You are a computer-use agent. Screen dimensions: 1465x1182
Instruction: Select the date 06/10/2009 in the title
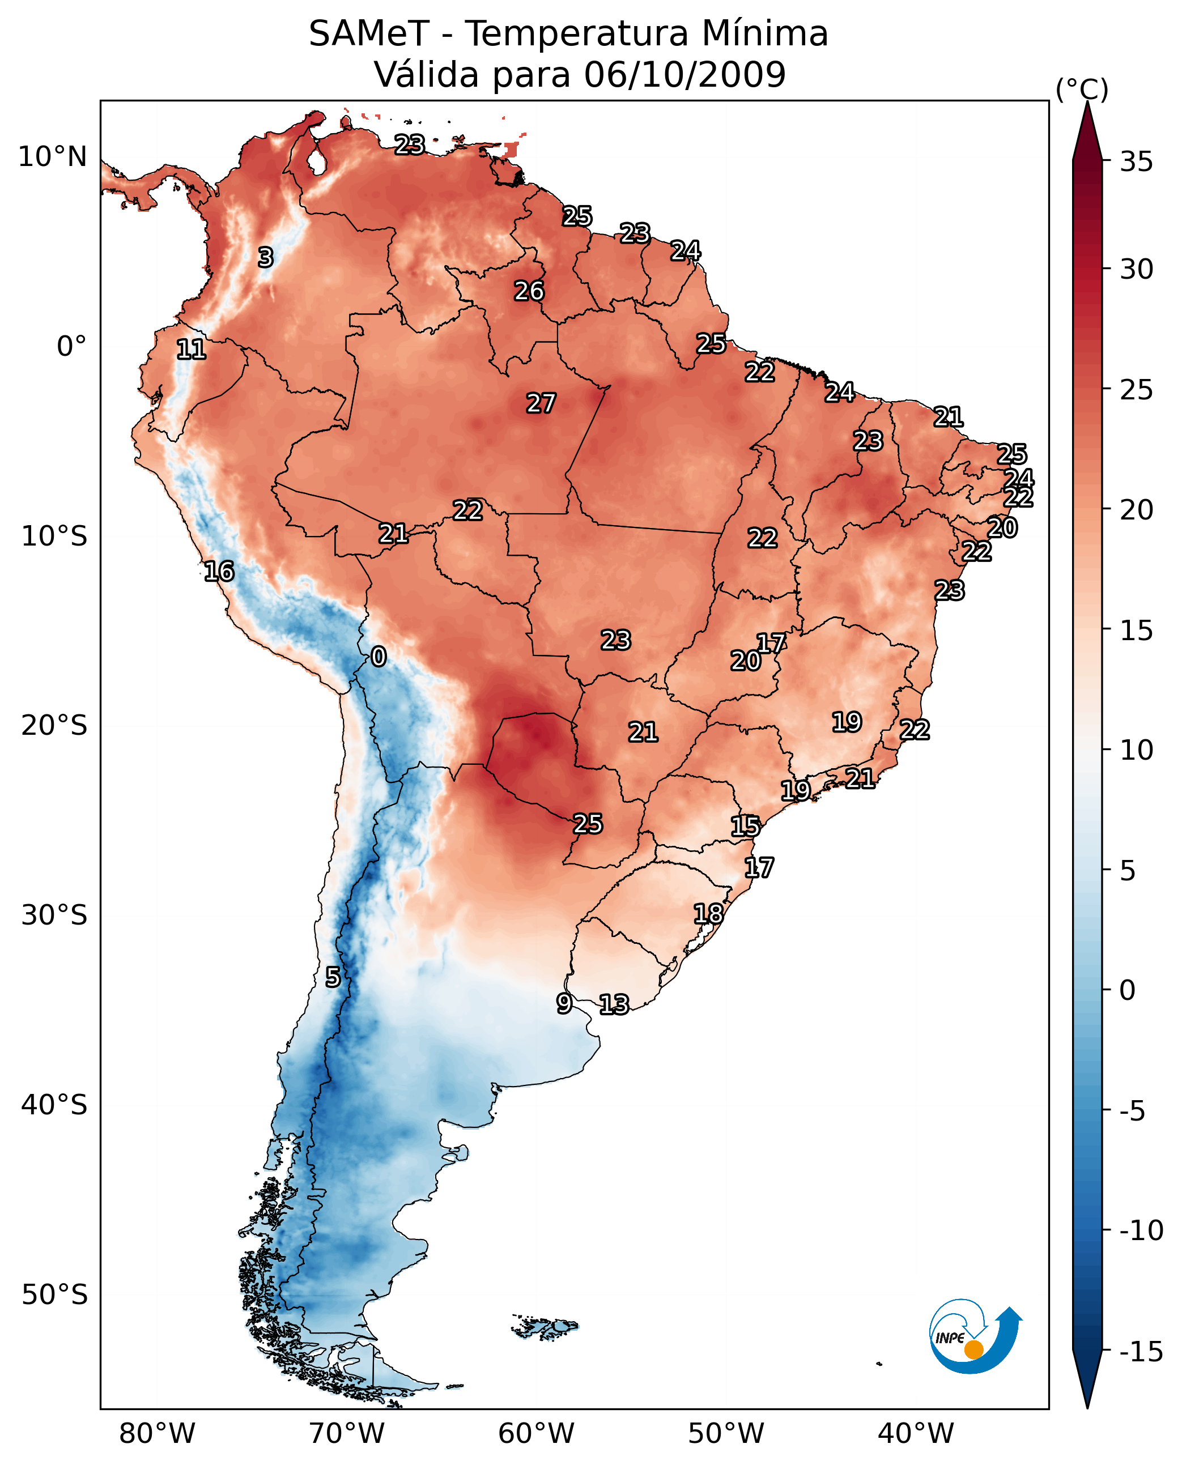[684, 75]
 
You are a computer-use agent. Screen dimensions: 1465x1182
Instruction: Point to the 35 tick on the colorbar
[1136, 162]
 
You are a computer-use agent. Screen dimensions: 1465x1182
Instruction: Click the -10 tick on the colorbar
[1141, 1230]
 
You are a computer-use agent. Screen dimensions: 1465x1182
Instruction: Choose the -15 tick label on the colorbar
[1141, 1351]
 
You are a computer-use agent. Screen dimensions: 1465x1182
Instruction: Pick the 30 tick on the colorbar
[1136, 270]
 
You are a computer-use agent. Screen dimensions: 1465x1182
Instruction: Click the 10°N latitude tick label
[53, 157]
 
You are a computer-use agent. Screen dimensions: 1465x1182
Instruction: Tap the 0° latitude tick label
[71, 347]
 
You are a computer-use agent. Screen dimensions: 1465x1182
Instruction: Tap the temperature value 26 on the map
[529, 291]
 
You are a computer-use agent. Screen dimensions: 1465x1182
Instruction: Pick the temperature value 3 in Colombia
[266, 257]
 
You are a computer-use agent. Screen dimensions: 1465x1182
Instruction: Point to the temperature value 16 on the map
[219, 571]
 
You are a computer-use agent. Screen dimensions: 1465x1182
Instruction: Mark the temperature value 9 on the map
[564, 1003]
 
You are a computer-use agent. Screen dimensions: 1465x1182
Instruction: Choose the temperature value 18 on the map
[708, 914]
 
